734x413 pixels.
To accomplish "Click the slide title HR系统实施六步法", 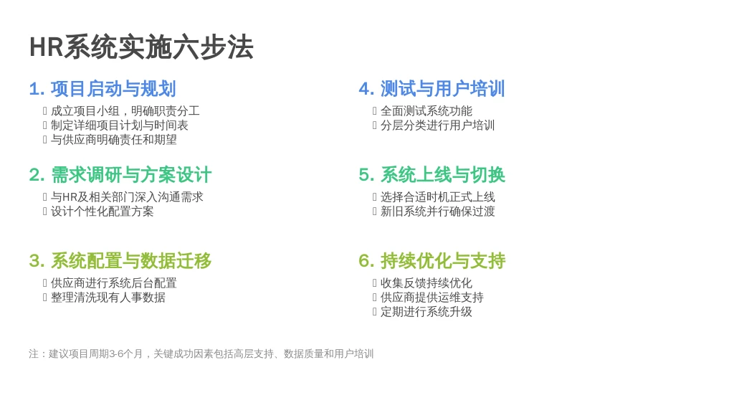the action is tap(141, 47).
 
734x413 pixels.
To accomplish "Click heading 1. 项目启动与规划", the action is tap(103, 88).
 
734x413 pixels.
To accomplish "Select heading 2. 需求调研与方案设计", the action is tap(120, 175).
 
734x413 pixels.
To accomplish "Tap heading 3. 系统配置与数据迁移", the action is tap(120, 261).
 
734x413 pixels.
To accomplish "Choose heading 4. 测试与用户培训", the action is tap(432, 88).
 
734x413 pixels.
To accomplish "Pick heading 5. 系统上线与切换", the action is tap(432, 175).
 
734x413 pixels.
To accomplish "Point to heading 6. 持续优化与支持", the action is tap(432, 261).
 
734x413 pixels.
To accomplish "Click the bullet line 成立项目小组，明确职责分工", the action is tap(125, 111).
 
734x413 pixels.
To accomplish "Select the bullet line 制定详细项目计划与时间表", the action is tap(120, 125).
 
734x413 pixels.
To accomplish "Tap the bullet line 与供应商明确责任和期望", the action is tap(114, 140).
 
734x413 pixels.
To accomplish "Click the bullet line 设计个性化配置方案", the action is tap(102, 212).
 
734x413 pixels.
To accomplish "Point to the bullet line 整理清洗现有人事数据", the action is tap(108, 298).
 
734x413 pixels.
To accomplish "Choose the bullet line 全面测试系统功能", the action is tap(426, 111).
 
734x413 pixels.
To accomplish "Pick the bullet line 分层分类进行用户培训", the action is tap(438, 125).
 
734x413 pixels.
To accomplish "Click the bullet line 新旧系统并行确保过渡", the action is tap(438, 212).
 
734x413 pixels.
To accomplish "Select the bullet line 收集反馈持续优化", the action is tap(426, 283).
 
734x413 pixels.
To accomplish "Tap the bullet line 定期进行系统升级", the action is tap(426, 312).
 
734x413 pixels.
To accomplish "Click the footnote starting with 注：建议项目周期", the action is tap(201, 354).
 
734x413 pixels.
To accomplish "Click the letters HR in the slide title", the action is tap(47, 47).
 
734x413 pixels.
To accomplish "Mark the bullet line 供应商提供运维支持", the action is tap(432, 298).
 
